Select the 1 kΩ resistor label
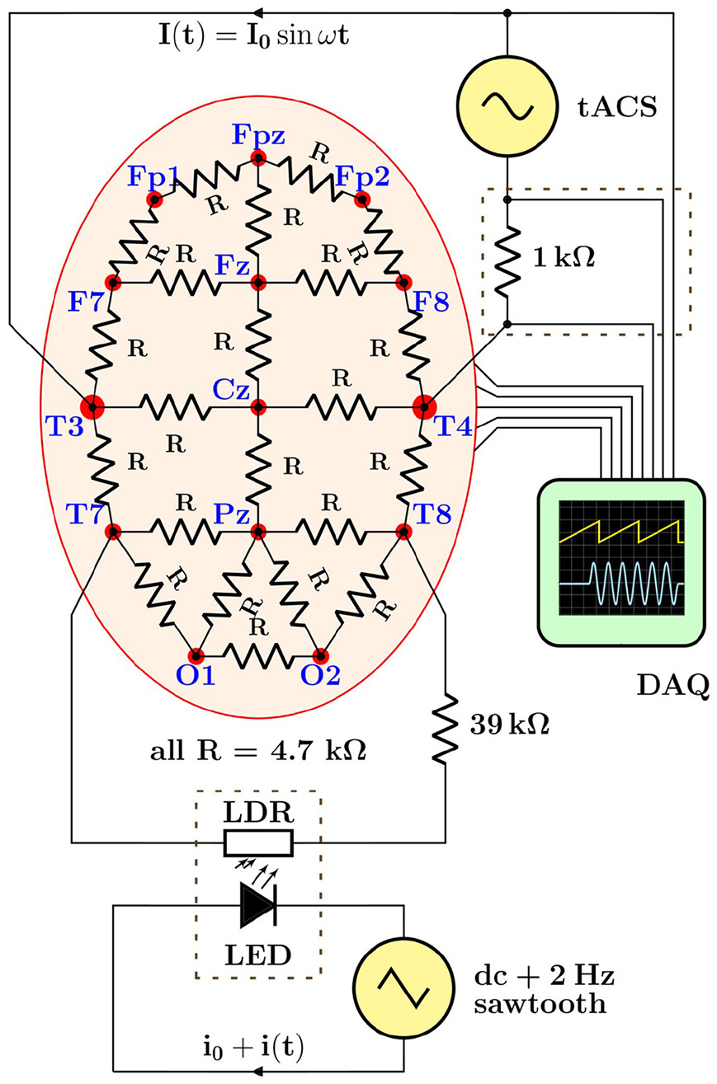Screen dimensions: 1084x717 566,259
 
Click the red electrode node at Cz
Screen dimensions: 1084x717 258,406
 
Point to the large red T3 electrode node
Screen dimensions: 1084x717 92,406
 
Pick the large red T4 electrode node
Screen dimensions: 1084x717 424,406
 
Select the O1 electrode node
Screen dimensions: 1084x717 196,655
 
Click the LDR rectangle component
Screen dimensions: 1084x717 258,843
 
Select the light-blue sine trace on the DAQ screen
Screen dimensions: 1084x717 620,584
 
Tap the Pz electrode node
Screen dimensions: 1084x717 258,532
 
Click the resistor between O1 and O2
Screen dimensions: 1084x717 258,655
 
